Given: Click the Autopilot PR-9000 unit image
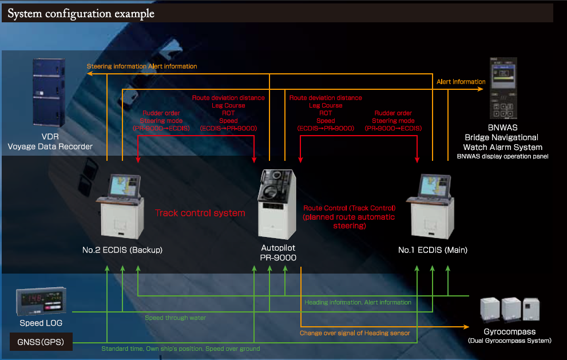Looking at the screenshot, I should click(x=277, y=204).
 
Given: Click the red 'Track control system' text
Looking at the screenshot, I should click(x=200, y=213).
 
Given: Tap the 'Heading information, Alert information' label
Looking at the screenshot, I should click(x=358, y=302).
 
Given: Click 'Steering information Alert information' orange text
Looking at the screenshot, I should click(x=142, y=66).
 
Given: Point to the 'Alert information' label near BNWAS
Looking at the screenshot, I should click(x=461, y=82).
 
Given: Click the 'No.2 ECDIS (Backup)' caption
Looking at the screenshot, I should click(x=122, y=250).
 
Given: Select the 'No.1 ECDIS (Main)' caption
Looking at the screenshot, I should click(x=433, y=250).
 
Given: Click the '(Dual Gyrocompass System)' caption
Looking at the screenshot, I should click(x=509, y=341).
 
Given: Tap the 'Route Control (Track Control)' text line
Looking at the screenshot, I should click(x=349, y=208).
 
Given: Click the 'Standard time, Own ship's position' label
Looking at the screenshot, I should click(x=180, y=349).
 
